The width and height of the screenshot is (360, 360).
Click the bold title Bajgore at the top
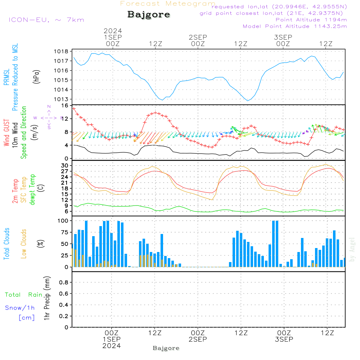coord(149,15)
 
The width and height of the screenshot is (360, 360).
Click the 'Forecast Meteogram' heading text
coord(168,4)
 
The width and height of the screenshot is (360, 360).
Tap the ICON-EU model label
coord(46,19)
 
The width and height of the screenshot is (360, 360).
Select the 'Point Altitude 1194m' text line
coord(311,20)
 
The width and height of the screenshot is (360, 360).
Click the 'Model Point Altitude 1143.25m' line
coord(295,26)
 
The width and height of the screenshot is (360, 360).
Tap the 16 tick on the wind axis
coord(65,106)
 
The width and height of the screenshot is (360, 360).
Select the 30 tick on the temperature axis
coord(64,166)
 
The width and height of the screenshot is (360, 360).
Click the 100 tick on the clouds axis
coord(63,221)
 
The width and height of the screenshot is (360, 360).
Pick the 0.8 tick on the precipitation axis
coord(64,283)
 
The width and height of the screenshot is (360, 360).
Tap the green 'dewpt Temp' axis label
coord(32,189)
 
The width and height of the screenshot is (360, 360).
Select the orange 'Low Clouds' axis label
coord(24,243)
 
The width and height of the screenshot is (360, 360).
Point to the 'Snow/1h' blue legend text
coord(20,308)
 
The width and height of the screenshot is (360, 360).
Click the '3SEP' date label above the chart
coord(283,37)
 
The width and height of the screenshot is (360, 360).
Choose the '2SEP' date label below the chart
coord(198,339)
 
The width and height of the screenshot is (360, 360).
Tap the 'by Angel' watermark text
coord(352,249)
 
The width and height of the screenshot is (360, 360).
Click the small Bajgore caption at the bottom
coord(166,348)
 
